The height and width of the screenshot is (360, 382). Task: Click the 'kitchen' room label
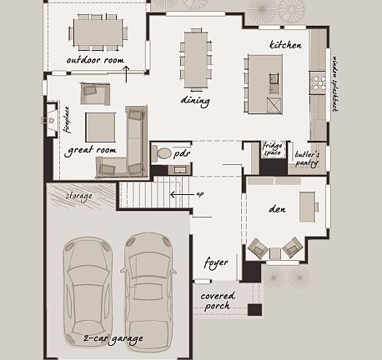point(285,45)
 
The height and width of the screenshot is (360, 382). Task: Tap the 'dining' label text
point(194,100)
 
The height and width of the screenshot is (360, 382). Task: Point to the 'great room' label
point(90,151)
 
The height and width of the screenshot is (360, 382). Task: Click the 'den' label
point(279,210)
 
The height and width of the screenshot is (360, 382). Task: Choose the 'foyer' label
point(216,262)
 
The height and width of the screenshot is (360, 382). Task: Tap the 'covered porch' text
point(218,301)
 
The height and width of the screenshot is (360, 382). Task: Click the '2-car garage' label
point(113,338)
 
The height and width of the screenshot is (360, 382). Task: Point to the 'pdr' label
point(182,153)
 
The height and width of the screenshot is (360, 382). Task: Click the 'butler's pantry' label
point(307,157)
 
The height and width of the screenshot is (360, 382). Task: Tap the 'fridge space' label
point(273,149)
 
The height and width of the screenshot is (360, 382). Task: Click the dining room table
point(195,59)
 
